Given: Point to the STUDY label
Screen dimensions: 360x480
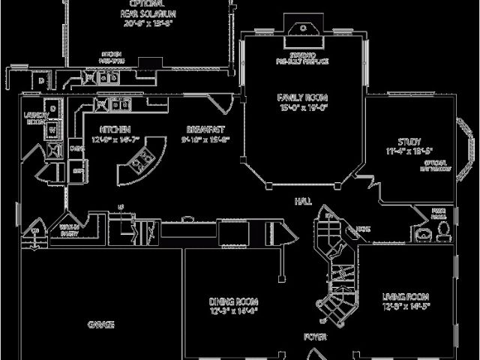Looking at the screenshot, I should [x=409, y=142].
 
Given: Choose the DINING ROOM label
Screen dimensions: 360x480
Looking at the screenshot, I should [x=233, y=302].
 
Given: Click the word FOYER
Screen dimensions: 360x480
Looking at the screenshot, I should [x=315, y=337].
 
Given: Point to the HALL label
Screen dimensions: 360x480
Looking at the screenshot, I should [x=304, y=201].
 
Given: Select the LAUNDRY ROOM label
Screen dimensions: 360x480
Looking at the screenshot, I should [x=36, y=118].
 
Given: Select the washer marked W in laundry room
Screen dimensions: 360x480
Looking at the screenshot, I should [x=53, y=129].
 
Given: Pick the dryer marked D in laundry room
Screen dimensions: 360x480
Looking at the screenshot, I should [x=53, y=109].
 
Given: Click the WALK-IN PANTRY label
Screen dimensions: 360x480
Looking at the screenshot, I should [x=71, y=230].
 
